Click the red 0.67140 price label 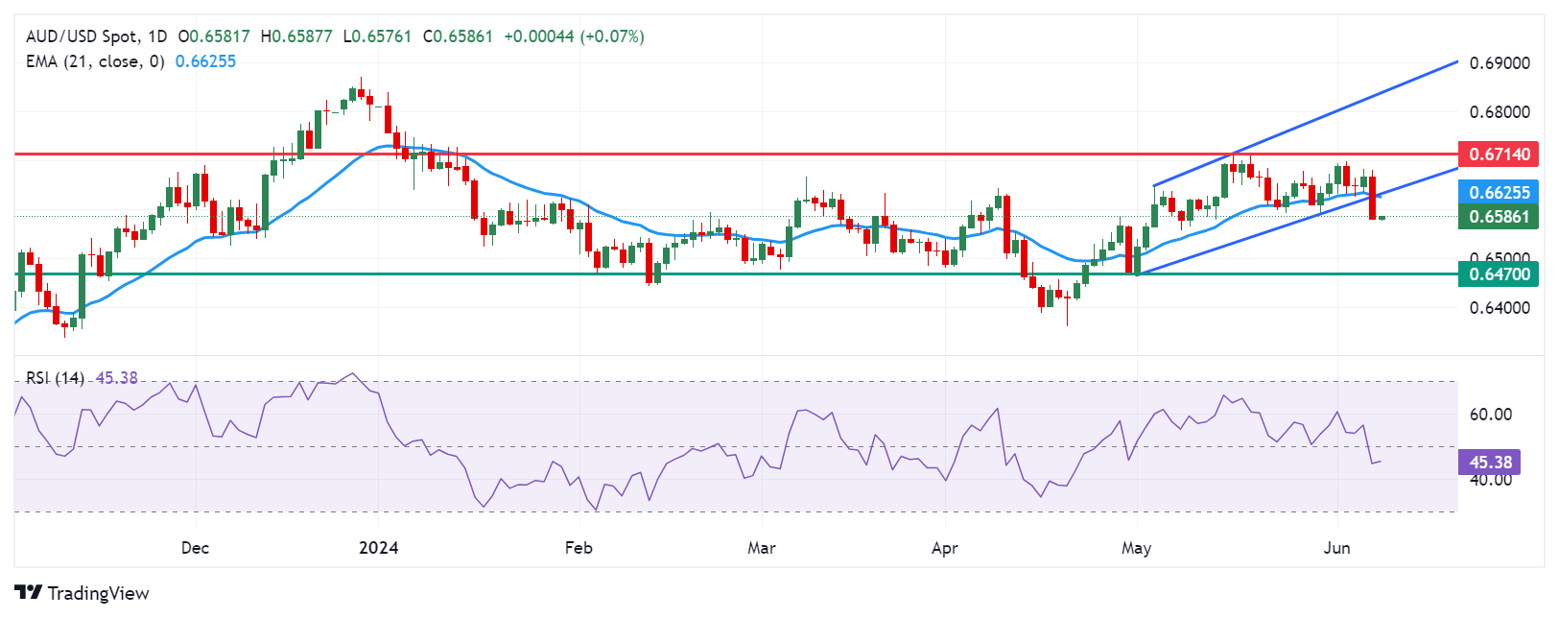coord(1499,154)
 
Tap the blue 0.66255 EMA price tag coord(1499,192)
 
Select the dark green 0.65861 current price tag coord(1499,217)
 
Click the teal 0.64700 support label coord(1499,274)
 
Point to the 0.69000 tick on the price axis coord(1500,63)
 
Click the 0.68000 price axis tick coord(1500,112)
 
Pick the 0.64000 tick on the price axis coord(1500,308)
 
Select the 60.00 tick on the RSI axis coord(1491,415)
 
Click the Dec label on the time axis coord(195,548)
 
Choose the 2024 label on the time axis coord(378,548)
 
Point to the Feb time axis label coord(579,548)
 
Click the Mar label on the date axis coord(762,548)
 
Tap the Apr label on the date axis coord(945,548)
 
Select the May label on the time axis coord(1136,548)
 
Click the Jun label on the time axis coord(1336,548)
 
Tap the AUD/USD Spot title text coord(83,36)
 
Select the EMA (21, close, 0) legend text coord(95,61)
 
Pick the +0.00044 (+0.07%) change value coord(574,36)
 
